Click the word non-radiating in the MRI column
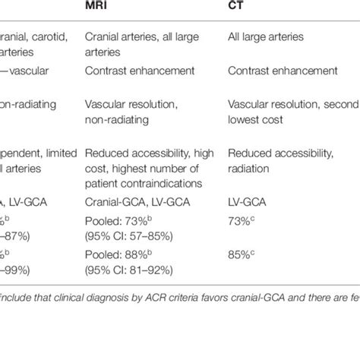tap(117, 119)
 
